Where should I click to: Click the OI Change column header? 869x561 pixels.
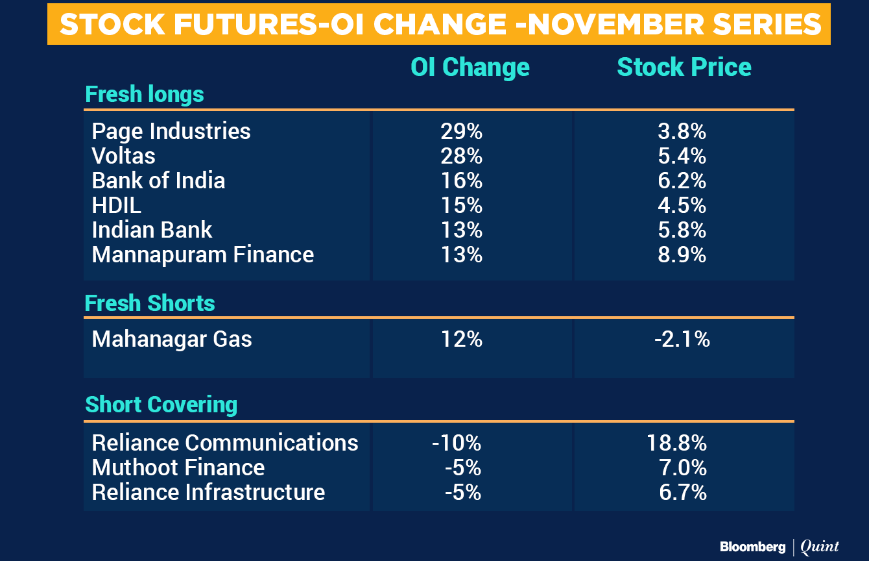pos(470,68)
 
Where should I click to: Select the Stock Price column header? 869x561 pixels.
pos(684,67)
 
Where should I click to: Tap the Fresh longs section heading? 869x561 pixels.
pos(145,95)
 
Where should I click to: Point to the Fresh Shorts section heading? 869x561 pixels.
pos(150,303)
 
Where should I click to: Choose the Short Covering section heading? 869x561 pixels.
pos(161,405)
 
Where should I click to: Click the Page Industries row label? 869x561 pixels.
pos(171,131)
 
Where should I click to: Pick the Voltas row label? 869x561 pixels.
pos(123,156)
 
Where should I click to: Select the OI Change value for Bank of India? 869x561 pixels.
pos(461,181)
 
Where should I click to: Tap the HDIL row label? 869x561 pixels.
pos(116,205)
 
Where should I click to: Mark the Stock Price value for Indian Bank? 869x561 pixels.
pos(682,230)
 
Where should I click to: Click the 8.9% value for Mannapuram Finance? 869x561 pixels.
pos(682,255)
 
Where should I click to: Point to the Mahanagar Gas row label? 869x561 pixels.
pos(172,339)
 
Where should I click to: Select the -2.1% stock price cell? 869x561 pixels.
pos(682,339)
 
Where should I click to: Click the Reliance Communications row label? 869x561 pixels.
pos(225,443)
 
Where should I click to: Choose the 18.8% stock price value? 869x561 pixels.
pos(676,443)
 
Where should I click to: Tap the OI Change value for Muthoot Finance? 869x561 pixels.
pos(463,467)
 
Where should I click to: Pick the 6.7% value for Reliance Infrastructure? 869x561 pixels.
pos(683,492)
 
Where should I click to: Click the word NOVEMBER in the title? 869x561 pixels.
pos(615,25)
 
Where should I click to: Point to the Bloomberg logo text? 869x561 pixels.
pos(753,547)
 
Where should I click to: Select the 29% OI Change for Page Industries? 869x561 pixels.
pos(461,131)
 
